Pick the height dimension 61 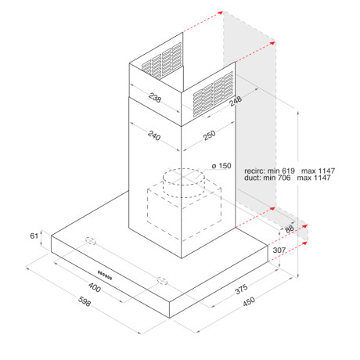(33, 236)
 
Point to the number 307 (278, 250)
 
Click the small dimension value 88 (289, 229)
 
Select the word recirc (255, 170)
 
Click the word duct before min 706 (252, 178)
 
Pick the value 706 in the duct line (293, 178)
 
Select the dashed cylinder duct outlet (181, 183)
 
